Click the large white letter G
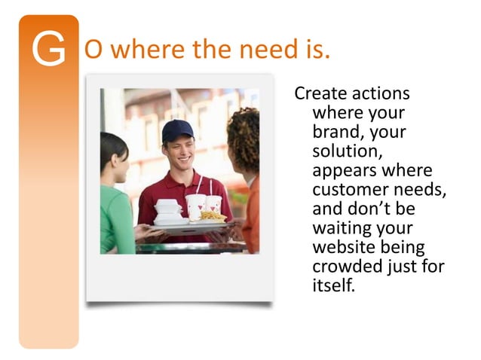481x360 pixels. tap(49, 50)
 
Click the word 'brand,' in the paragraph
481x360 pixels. tap(338, 132)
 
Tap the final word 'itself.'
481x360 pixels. tap(332, 285)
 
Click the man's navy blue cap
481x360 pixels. tap(176, 130)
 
